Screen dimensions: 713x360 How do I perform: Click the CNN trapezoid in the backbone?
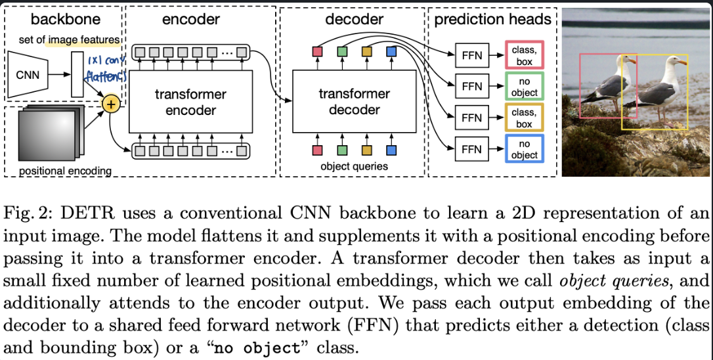tap(28, 74)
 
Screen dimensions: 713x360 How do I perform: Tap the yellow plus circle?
tap(110, 104)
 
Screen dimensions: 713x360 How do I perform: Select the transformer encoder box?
tap(190, 101)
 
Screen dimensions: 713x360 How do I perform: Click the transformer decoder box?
tap(354, 101)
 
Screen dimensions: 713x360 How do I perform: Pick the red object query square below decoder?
tap(317, 150)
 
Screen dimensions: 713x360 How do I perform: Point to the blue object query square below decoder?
tap(391, 150)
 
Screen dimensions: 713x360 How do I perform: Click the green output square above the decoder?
tap(342, 51)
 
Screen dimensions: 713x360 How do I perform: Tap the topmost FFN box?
tap(471, 55)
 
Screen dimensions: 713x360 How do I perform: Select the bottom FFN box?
tap(471, 149)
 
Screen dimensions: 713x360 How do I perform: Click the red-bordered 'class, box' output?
tap(524, 55)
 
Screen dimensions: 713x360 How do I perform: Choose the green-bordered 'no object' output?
tap(524, 87)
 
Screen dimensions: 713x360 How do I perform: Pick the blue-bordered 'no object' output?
tap(524, 149)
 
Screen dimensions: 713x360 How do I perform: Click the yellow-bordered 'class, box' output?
tap(524, 118)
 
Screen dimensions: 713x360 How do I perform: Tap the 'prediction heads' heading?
tap(492, 19)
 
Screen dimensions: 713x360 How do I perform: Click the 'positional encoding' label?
tap(65, 171)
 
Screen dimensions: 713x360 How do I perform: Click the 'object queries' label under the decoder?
tap(355, 166)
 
